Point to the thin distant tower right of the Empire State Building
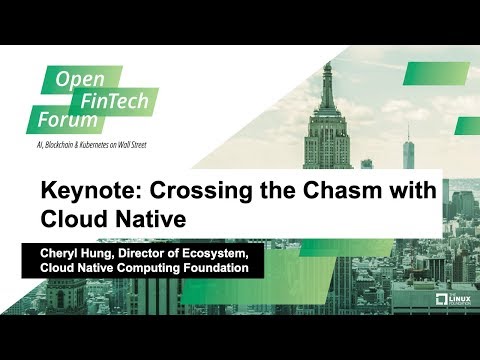(x=407, y=150)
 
